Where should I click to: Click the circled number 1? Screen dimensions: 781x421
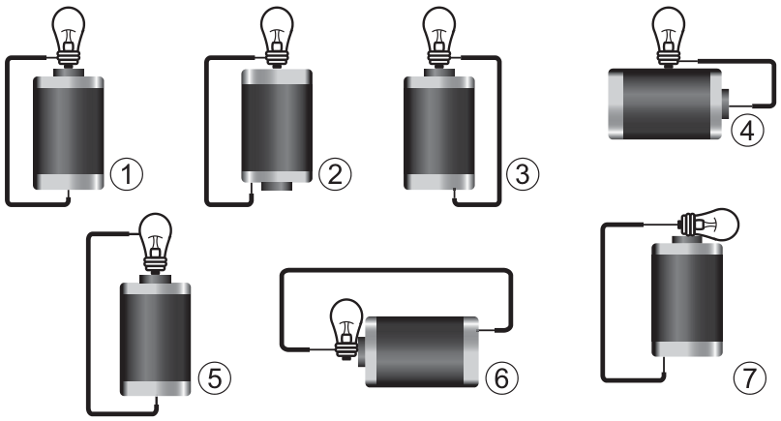click(127, 174)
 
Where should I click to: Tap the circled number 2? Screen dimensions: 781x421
click(335, 174)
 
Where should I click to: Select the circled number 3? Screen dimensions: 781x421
click(523, 174)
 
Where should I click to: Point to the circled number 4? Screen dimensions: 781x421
click(747, 131)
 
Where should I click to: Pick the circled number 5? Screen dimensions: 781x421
click(215, 377)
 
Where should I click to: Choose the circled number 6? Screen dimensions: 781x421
click(501, 377)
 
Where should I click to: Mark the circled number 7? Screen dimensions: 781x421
click(750, 377)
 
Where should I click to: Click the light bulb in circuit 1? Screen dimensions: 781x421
click(69, 36)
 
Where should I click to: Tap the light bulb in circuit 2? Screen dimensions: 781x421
click(277, 36)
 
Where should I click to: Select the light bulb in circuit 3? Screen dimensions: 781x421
click(438, 36)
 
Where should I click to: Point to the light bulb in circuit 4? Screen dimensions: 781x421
click(669, 36)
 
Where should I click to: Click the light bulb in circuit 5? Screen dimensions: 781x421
click(156, 243)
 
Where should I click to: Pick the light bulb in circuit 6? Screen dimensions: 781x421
click(347, 329)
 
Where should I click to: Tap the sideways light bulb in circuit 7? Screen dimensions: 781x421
click(709, 226)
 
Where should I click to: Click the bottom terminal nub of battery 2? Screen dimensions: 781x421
click(277, 187)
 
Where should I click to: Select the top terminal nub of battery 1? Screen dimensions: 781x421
click(69, 73)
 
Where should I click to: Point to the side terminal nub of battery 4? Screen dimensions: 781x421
click(725, 104)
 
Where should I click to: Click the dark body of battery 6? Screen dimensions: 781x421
click(421, 351)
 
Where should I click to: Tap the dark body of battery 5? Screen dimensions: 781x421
click(156, 338)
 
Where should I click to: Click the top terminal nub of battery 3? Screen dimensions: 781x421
click(438, 73)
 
